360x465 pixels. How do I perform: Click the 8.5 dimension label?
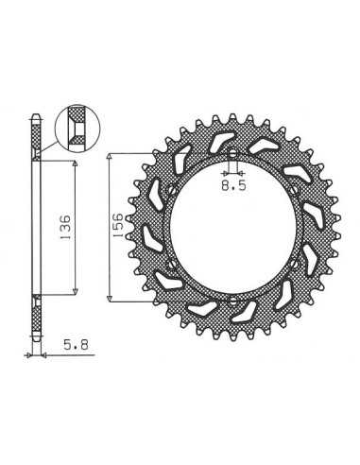tap(233, 185)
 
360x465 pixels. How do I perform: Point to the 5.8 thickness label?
tap(76, 345)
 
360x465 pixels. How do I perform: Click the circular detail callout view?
tap(77, 129)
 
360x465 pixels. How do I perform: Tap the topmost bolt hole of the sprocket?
tap(232, 154)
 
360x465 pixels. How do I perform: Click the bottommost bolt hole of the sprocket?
tap(232, 301)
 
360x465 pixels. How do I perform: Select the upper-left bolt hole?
tap(172, 190)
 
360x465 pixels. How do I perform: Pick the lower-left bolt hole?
tap(172, 264)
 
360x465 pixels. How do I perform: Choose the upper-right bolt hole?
tap(294, 190)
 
